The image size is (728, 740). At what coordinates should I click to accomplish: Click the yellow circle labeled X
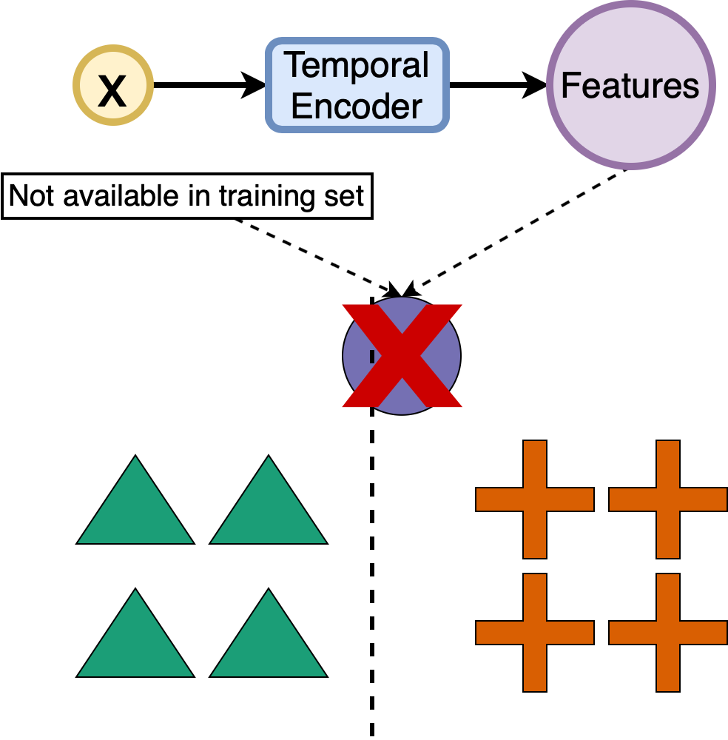pos(112,86)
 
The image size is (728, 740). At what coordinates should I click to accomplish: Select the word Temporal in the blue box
pos(357,65)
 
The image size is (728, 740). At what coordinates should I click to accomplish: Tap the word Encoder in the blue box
pos(357,106)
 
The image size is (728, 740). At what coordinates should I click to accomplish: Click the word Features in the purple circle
pos(630,85)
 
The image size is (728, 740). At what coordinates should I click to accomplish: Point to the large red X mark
pos(402,355)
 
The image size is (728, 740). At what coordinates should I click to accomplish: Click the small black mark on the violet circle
pos(372,357)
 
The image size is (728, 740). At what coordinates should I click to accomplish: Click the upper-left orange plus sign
pos(535,499)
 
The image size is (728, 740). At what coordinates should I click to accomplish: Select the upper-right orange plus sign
pos(668,499)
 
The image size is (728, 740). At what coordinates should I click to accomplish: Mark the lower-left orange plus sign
pos(535,633)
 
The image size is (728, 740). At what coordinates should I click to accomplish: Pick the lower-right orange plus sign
pos(668,633)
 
